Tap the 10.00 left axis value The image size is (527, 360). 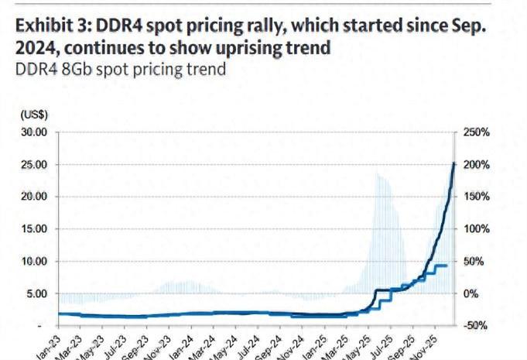[35, 262]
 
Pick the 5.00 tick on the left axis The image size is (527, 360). [38, 293]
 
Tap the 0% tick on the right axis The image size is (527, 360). [470, 293]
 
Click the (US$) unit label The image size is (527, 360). [34, 114]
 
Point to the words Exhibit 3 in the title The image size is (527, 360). [50, 26]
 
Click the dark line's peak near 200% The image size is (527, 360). [453, 163]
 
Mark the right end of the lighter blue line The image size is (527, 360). [447, 266]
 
